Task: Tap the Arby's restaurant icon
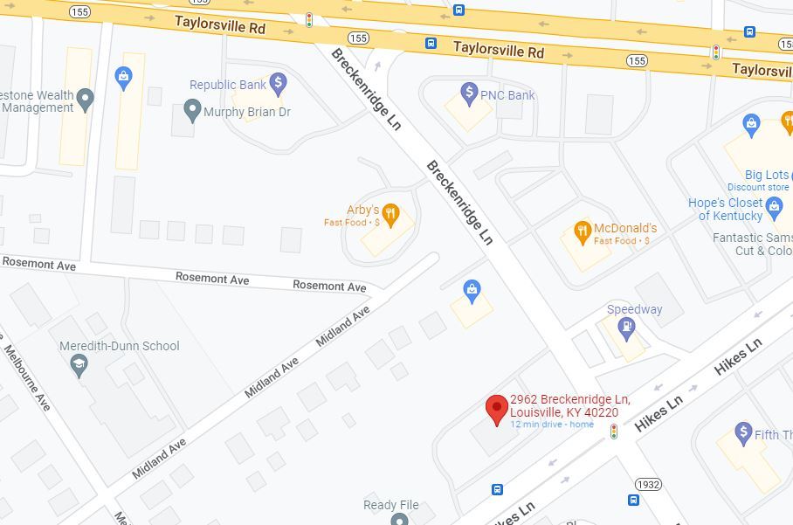[x=391, y=213]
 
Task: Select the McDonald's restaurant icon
[x=583, y=231]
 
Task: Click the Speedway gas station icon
[x=625, y=328]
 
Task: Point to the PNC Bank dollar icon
[x=469, y=93]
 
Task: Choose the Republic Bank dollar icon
[x=278, y=84]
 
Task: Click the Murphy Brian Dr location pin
[x=193, y=111]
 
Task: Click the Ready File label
[x=391, y=505]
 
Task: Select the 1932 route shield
[x=648, y=484]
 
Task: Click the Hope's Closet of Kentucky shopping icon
[x=773, y=206]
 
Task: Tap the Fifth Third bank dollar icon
[x=743, y=432]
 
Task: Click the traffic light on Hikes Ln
[x=614, y=432]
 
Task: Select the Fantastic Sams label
[x=752, y=238]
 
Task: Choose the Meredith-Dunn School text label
[x=120, y=346]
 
